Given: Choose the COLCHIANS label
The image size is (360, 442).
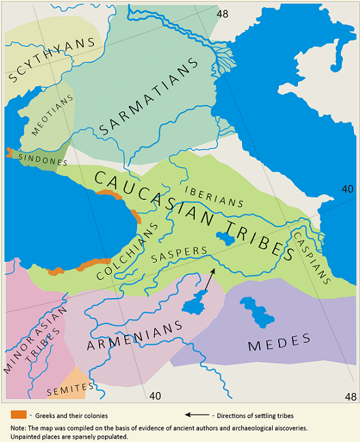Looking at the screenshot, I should click(x=127, y=251).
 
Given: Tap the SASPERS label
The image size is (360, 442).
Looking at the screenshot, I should click(x=178, y=254).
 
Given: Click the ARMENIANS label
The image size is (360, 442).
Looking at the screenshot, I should click(x=136, y=336).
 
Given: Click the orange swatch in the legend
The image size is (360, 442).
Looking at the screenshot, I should click(x=18, y=414).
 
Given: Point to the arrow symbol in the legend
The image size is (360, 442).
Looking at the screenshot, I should click(x=197, y=415).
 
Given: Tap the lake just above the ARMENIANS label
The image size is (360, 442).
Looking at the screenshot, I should click(x=195, y=301).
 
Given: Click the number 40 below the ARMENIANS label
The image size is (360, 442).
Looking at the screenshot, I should click(x=155, y=395).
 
